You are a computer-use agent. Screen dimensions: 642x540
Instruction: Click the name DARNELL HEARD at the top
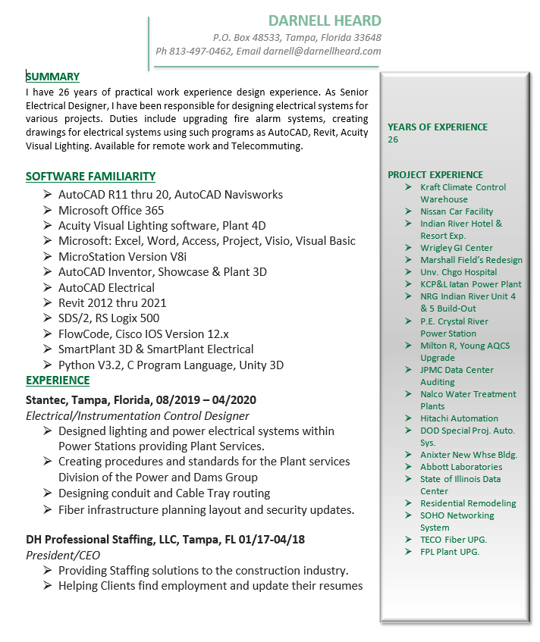tap(325, 20)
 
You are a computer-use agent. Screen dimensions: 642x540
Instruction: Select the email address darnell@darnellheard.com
tap(322, 52)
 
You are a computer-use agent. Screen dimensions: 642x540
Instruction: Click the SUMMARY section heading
tap(52, 77)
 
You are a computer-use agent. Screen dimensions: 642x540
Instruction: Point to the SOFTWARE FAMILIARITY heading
tap(90, 177)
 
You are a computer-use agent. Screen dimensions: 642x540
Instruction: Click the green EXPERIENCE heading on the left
tap(58, 381)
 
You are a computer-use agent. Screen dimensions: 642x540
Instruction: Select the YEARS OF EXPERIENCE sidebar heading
tap(438, 127)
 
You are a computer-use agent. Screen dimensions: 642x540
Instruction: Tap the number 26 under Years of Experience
tap(393, 139)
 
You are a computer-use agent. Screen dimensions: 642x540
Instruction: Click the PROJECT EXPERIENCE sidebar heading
tap(435, 175)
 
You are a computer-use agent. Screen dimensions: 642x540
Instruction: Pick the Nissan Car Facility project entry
tap(457, 211)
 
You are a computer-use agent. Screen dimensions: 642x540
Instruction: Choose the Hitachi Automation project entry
tap(459, 418)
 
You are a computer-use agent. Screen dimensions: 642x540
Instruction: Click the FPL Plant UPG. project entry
tap(450, 552)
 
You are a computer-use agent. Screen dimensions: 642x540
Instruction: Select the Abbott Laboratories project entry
tap(461, 467)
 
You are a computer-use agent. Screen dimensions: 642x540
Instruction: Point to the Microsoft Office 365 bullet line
tap(111, 210)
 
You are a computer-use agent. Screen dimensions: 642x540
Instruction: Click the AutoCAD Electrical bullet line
tap(106, 287)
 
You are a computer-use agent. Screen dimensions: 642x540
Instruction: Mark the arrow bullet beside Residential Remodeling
tap(408, 503)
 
